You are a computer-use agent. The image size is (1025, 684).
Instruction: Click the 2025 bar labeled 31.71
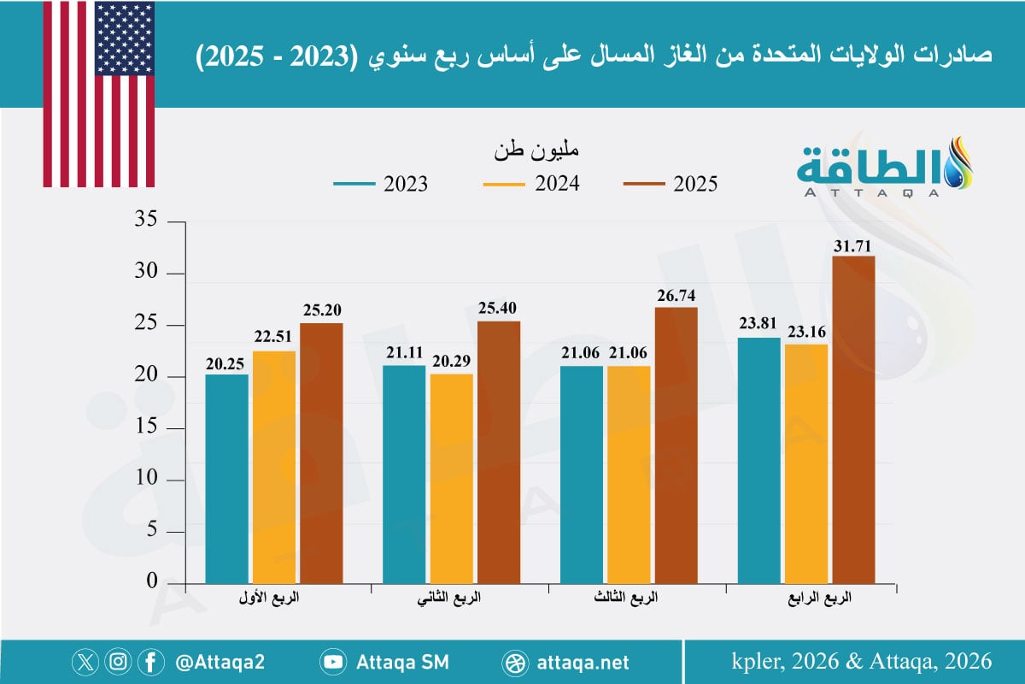(x=853, y=419)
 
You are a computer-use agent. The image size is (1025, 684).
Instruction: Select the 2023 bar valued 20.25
(x=226, y=478)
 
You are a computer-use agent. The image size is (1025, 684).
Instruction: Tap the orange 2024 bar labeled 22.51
(x=273, y=466)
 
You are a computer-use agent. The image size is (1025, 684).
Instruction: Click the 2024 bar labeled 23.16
(x=805, y=463)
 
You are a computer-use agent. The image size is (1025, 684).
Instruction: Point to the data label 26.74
(x=676, y=296)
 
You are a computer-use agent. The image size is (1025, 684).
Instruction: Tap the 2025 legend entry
(x=671, y=184)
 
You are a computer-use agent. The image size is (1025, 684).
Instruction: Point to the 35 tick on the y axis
(x=147, y=221)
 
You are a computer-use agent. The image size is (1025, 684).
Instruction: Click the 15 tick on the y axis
(x=147, y=428)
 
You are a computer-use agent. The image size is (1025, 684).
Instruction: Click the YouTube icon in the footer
(x=332, y=662)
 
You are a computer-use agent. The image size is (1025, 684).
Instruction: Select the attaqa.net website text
(x=584, y=662)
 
